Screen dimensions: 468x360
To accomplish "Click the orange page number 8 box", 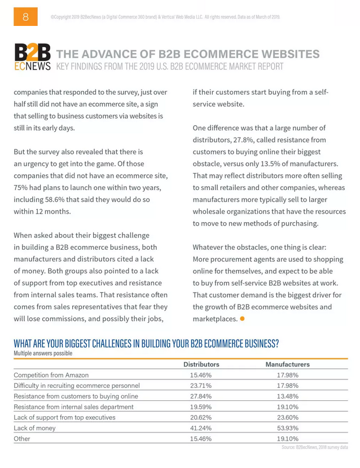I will pyautogui.click(x=25, y=17).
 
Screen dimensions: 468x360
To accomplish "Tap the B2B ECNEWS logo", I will pyautogui.click(x=32, y=58).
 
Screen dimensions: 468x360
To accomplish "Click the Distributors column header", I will pyautogui.click(x=201, y=364).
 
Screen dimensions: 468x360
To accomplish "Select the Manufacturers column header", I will pyautogui.click(x=287, y=364).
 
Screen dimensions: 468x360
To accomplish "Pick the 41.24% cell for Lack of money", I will pyautogui.click(x=201, y=428).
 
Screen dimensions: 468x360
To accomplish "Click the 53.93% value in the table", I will pyautogui.click(x=287, y=428).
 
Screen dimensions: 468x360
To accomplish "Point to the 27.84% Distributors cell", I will pyautogui.click(x=201, y=396).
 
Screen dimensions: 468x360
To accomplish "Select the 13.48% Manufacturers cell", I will pyautogui.click(x=287, y=396).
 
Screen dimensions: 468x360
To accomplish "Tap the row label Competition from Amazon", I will pyautogui.click(x=51, y=375).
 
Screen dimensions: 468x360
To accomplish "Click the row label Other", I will pyautogui.click(x=22, y=439).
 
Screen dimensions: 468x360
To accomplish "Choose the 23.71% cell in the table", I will pyautogui.click(x=201, y=386).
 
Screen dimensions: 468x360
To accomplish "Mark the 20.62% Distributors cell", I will pyautogui.click(x=201, y=417).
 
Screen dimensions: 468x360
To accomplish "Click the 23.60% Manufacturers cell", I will pyautogui.click(x=287, y=417).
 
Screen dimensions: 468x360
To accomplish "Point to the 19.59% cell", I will pyautogui.click(x=201, y=407).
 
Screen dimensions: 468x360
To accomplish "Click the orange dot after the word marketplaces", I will pyautogui.click(x=242, y=319).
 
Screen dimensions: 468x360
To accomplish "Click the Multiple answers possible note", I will pyautogui.click(x=43, y=354).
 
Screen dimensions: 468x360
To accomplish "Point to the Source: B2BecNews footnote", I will pyautogui.click(x=314, y=447).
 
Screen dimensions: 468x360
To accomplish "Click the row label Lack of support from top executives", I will pyautogui.click(x=64, y=417).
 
